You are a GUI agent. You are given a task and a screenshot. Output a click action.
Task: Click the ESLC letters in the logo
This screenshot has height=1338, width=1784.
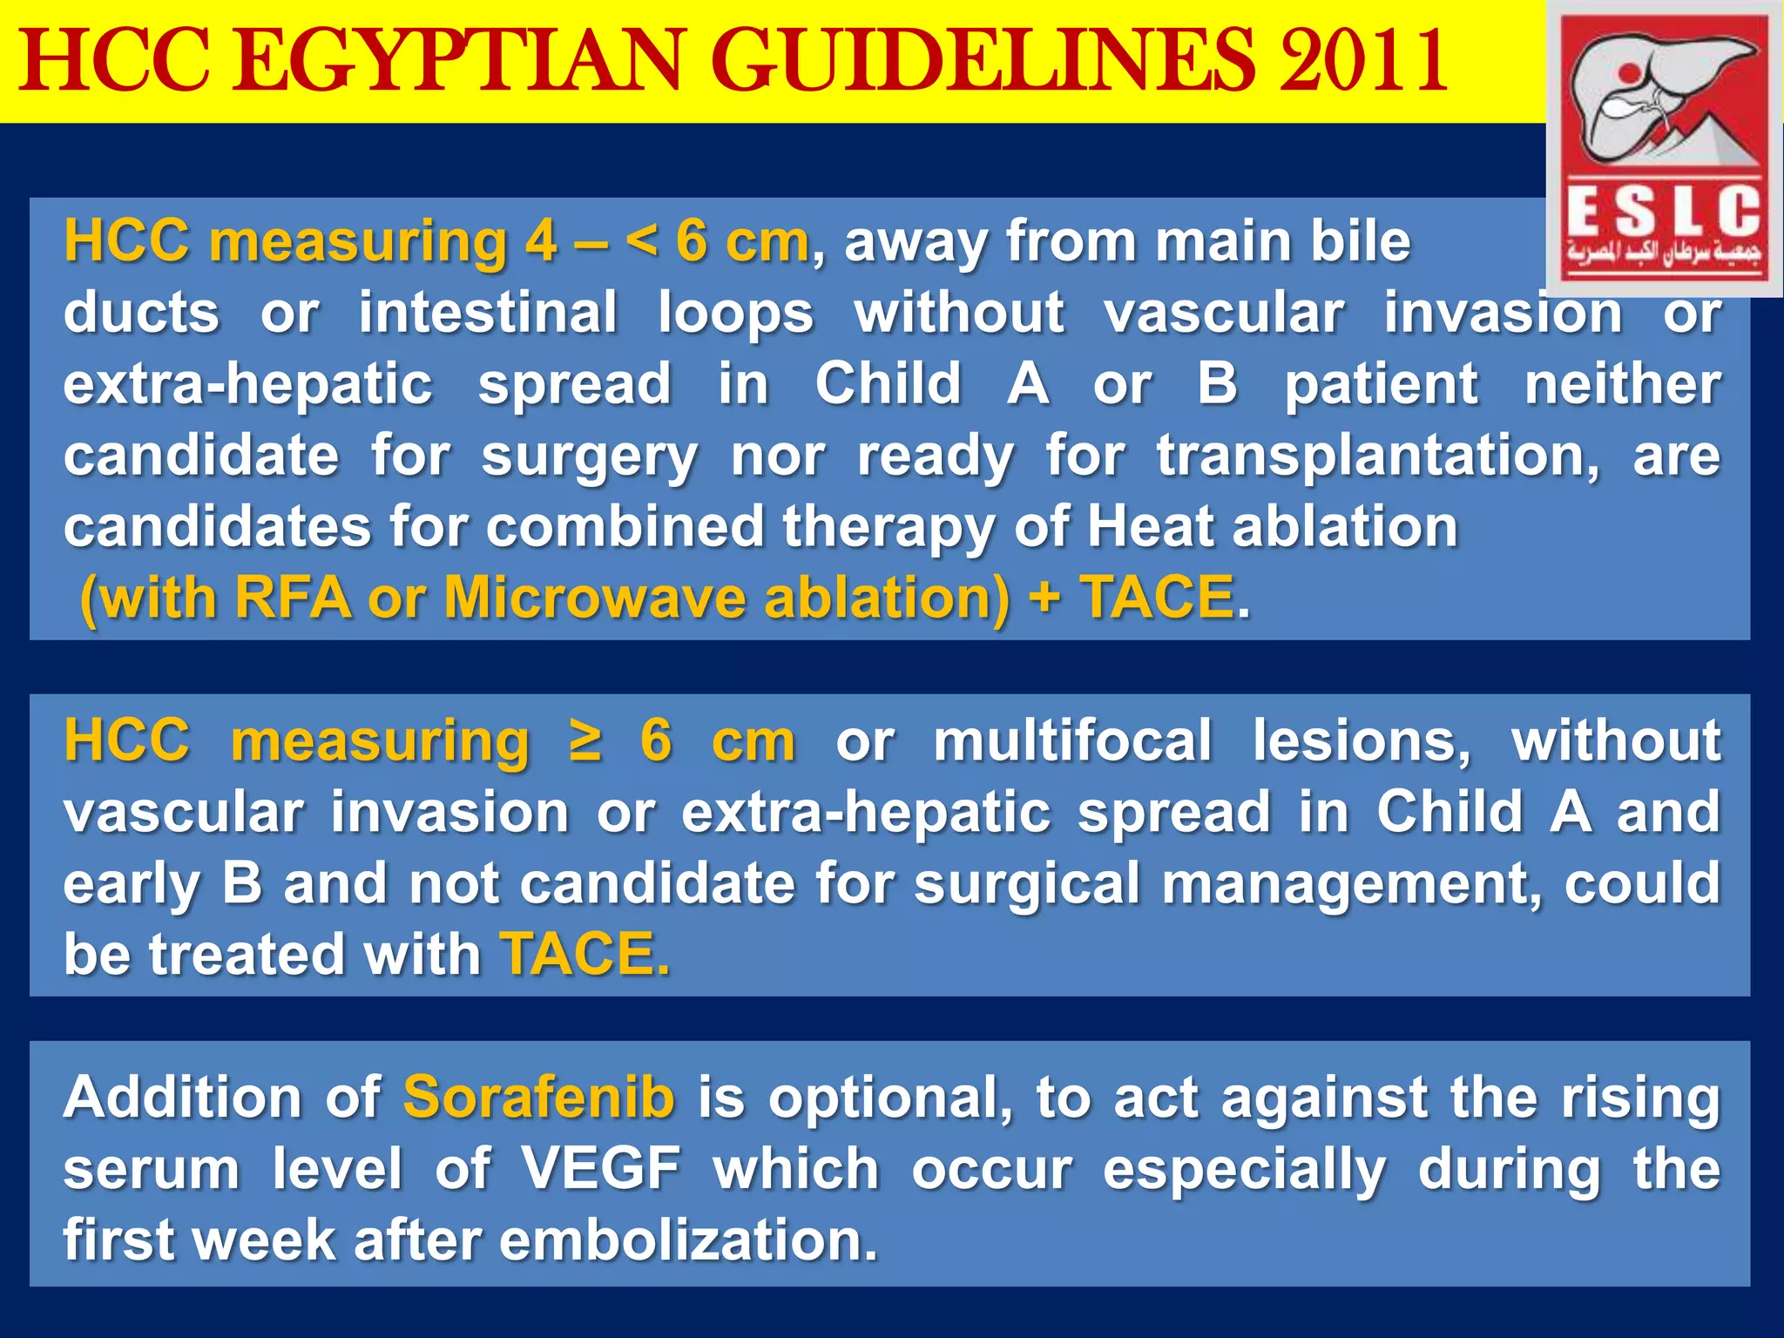pyautogui.click(x=1663, y=212)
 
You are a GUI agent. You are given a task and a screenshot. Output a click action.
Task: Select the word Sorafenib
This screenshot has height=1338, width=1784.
pyautogui.click(x=538, y=1097)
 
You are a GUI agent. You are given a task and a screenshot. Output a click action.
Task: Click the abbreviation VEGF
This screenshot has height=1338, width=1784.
pyautogui.click(x=601, y=1168)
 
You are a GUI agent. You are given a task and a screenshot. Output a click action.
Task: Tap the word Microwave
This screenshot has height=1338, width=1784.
pyautogui.click(x=595, y=598)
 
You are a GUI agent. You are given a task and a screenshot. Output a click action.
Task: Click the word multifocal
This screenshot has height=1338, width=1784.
pyautogui.click(x=1073, y=741)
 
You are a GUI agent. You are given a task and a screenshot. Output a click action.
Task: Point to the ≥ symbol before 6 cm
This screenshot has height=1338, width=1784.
pyautogui.click(x=585, y=741)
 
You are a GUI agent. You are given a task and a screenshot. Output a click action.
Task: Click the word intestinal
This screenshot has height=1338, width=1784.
pyautogui.click(x=488, y=313)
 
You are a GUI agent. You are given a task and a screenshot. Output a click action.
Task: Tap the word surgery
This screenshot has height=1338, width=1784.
pyautogui.click(x=589, y=457)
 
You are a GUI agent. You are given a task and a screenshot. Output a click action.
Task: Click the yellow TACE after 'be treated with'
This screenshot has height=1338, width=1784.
pyautogui.click(x=585, y=954)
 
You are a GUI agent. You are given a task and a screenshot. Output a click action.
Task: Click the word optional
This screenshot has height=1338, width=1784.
pyautogui.click(x=890, y=1098)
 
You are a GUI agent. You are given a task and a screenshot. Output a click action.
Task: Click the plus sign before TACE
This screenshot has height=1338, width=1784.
pyautogui.click(x=1044, y=598)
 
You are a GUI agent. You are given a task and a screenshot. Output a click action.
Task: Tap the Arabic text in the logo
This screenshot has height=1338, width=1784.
pyautogui.click(x=1663, y=253)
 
